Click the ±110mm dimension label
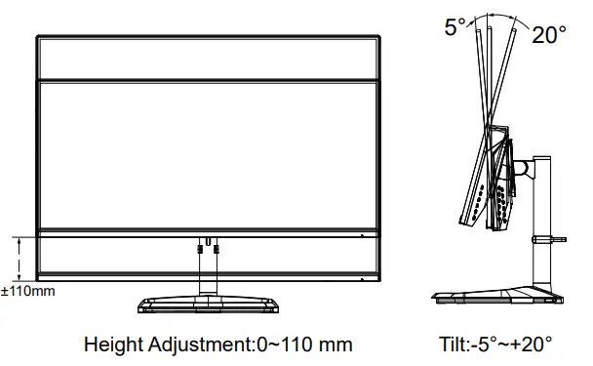pyautogui.click(x=27, y=291)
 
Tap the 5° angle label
pyautogui.click(x=455, y=28)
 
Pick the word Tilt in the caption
pyautogui.click(x=455, y=345)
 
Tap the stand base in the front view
pyautogui.click(x=208, y=304)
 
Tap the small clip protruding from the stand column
pyautogui.click(x=560, y=237)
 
